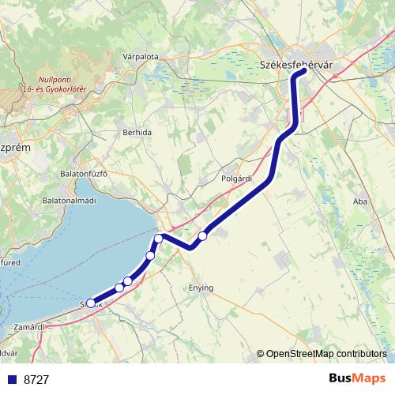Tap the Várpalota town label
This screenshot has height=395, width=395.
(x=141, y=57)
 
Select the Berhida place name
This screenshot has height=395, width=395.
(x=136, y=133)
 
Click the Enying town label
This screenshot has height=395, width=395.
(x=201, y=288)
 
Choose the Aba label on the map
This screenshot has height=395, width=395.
(x=360, y=202)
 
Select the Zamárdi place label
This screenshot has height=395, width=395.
(x=31, y=325)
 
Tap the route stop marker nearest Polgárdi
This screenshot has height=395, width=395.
(x=203, y=235)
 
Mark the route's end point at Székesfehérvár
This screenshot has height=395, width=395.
(x=303, y=73)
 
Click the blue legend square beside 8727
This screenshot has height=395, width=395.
(x=11, y=379)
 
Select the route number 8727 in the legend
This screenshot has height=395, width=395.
(x=36, y=379)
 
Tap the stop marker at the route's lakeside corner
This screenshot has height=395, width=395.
(x=159, y=238)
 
